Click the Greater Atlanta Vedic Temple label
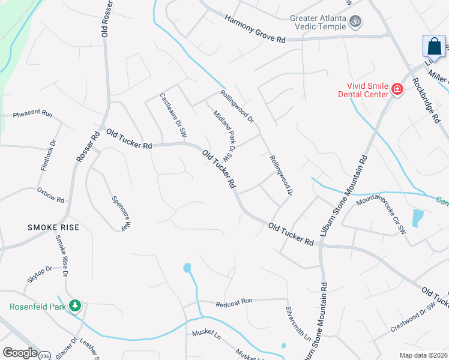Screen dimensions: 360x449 coord(318,22)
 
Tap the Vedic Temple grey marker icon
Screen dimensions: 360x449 coord(356,22)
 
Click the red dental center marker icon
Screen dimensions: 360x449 coord(397,90)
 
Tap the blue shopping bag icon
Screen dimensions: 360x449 coord(434,47)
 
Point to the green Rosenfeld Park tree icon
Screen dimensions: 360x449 coord(74,305)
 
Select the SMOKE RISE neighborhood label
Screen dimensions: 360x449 coord(54,227)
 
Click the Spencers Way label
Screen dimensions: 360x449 coord(121,213)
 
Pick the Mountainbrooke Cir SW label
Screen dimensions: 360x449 coord(390,208)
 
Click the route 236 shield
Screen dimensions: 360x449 coord(44,355)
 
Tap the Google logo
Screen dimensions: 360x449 coord(20,353)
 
